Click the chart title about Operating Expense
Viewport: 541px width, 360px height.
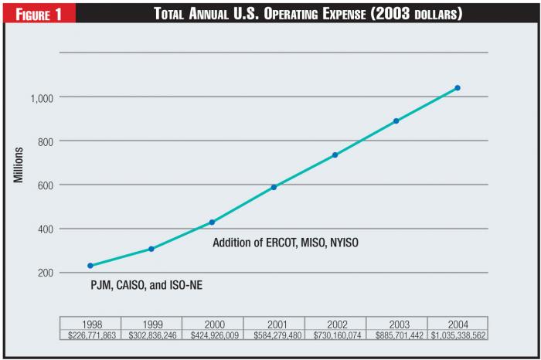(x=308, y=13)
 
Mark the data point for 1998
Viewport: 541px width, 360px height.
(x=90, y=266)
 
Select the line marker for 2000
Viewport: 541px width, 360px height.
(x=213, y=222)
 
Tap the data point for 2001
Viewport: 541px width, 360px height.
(x=274, y=187)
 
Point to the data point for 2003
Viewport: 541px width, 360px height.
(x=396, y=121)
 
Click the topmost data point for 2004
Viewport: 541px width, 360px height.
(x=458, y=88)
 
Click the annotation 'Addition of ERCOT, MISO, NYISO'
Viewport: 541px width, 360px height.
(x=286, y=243)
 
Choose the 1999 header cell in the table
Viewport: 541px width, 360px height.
(x=151, y=324)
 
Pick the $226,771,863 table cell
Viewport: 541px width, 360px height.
(x=90, y=335)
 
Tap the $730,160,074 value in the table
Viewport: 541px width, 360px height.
(x=335, y=335)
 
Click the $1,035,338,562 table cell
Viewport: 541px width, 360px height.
(x=457, y=335)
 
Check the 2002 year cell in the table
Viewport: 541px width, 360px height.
(x=335, y=324)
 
